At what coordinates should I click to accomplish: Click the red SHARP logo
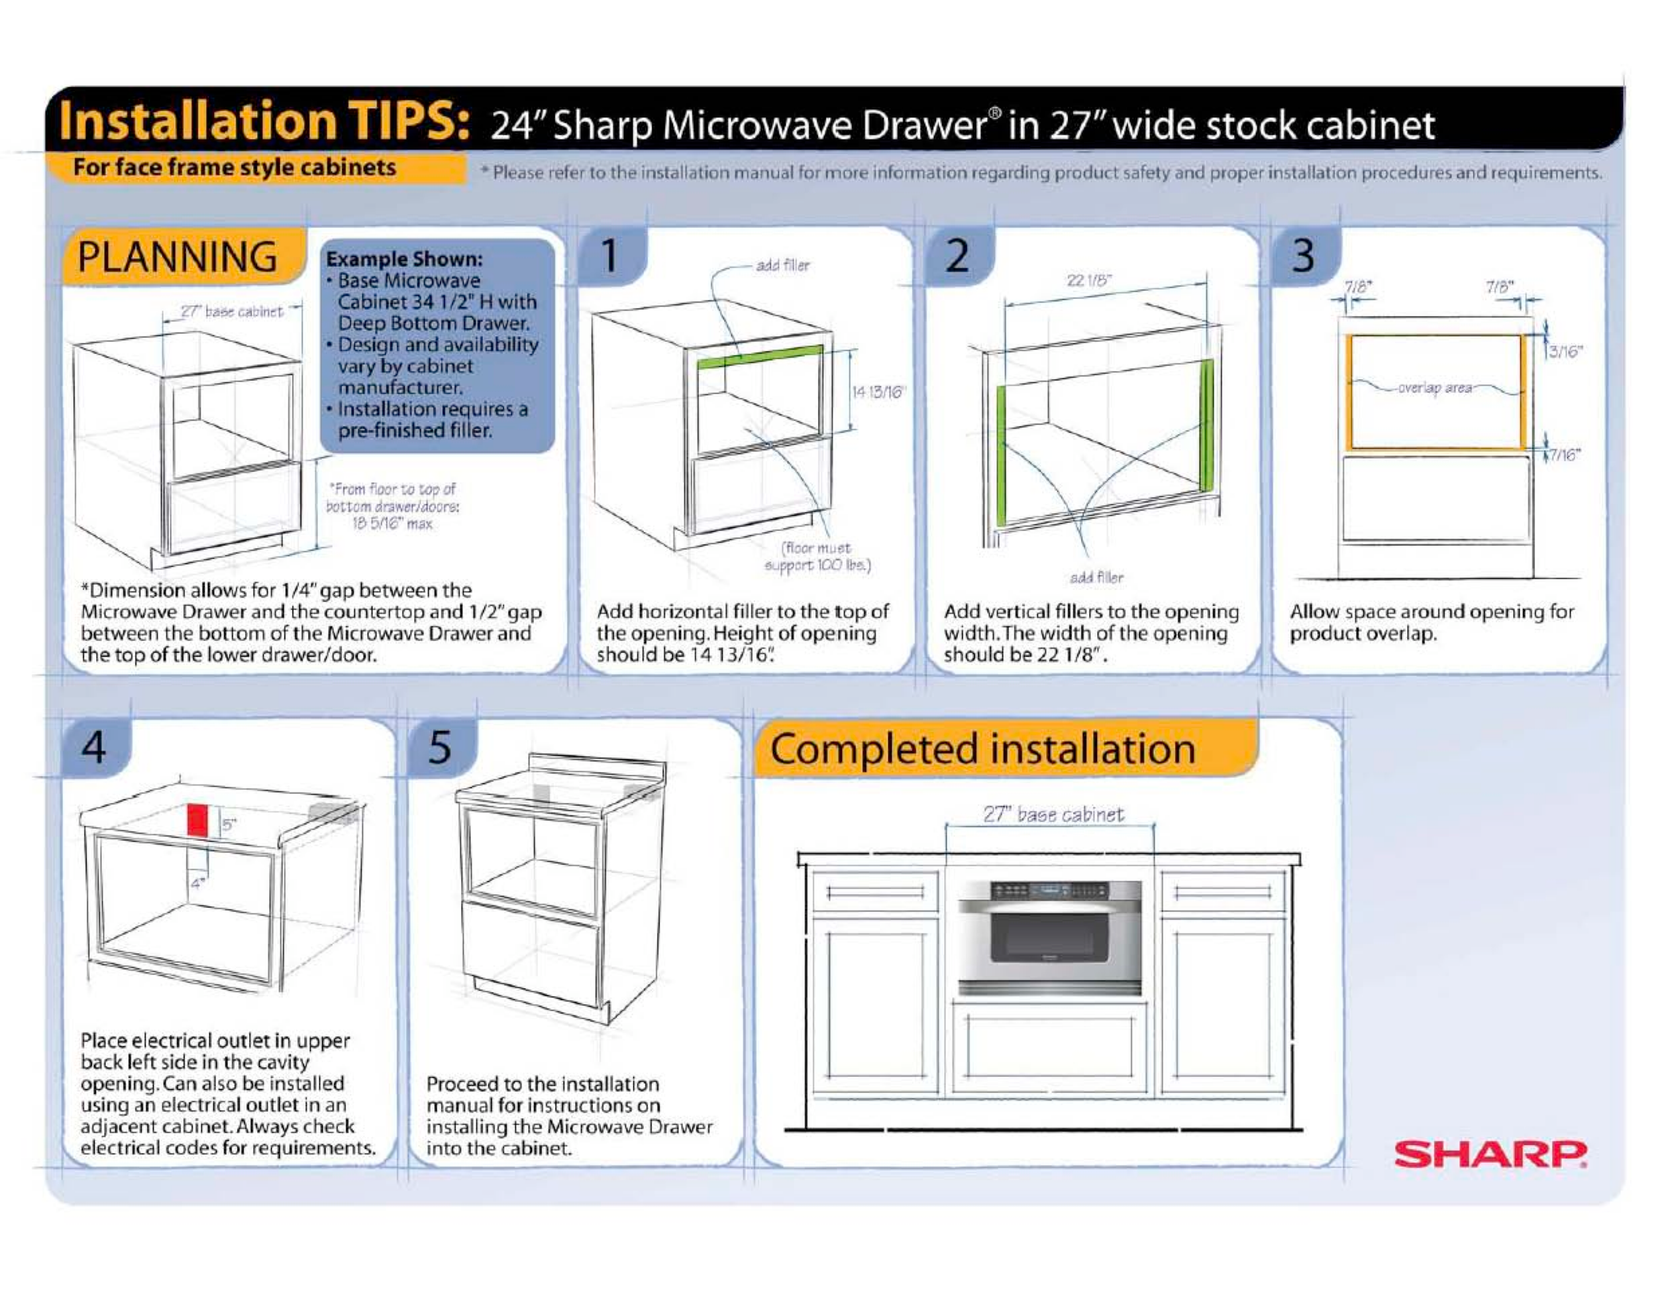[1490, 1154]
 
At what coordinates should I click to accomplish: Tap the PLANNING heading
[177, 257]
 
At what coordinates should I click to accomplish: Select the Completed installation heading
[983, 749]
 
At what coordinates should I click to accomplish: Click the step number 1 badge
[610, 256]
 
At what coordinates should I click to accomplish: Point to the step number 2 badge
[957, 256]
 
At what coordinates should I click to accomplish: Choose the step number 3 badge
[1304, 256]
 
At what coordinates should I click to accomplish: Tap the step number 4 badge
[95, 746]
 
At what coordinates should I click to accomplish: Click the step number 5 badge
[439, 746]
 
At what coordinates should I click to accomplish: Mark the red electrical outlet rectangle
[198, 820]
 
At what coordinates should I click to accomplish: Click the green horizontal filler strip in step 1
[760, 357]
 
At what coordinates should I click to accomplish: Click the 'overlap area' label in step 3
[1435, 388]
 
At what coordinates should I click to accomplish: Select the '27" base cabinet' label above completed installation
[1053, 814]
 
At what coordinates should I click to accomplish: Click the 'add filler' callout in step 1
[783, 266]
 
